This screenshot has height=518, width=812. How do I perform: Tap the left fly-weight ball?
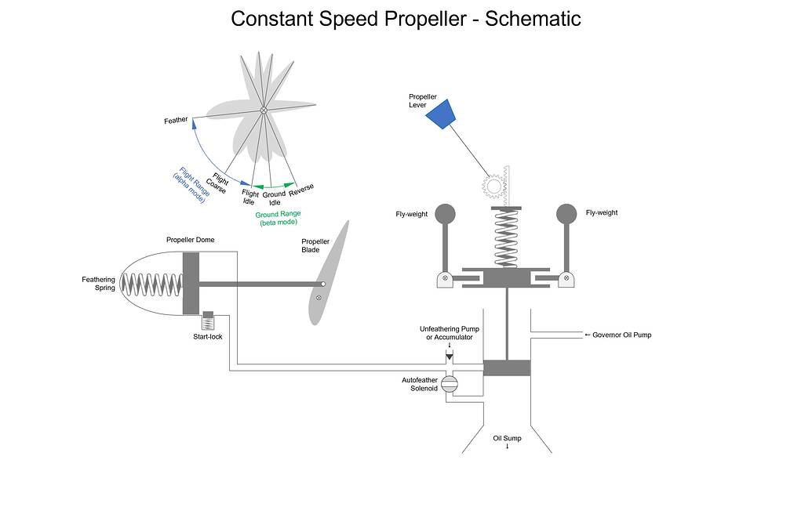pyautogui.click(x=445, y=213)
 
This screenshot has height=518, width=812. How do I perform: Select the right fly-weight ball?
pyautogui.click(x=566, y=213)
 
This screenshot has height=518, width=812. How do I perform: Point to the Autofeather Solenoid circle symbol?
pyautogui.click(x=450, y=383)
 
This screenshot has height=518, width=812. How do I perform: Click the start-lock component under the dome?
pyautogui.click(x=208, y=321)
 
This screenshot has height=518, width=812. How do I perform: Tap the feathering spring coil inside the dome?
pyautogui.click(x=155, y=284)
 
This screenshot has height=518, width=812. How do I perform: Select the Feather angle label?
pyautogui.click(x=176, y=121)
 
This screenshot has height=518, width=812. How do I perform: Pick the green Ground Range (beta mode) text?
pyautogui.click(x=279, y=218)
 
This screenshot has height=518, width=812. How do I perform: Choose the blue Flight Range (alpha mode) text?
pyautogui.click(x=188, y=184)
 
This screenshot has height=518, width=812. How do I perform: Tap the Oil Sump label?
pyautogui.click(x=507, y=438)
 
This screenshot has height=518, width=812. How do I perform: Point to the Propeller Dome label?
pyautogui.click(x=190, y=240)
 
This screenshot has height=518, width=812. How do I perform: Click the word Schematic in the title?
pyautogui.click(x=533, y=19)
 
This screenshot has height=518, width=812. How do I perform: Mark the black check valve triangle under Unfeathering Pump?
pyautogui.click(x=449, y=357)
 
